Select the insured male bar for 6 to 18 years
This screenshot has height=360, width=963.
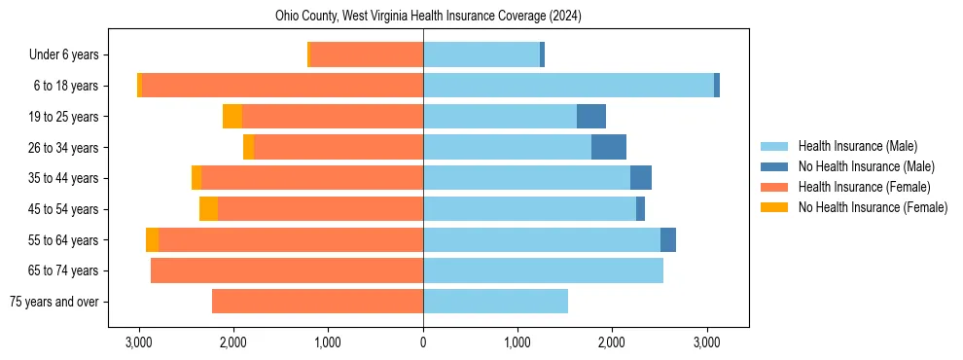point(568,86)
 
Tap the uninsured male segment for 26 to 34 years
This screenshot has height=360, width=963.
point(609,147)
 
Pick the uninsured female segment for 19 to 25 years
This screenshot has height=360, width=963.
point(232,117)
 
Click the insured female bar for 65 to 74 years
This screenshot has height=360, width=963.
point(287,270)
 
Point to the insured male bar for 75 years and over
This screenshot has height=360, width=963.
point(495,302)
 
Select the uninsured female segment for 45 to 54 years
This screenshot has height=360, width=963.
point(208,209)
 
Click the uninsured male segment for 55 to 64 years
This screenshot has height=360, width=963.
point(668,239)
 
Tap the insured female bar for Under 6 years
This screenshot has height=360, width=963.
point(367,54)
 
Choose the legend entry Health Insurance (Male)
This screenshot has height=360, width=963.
point(857,146)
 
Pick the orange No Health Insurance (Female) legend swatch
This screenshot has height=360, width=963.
point(774,207)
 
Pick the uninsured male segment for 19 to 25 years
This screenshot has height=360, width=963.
point(591,117)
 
